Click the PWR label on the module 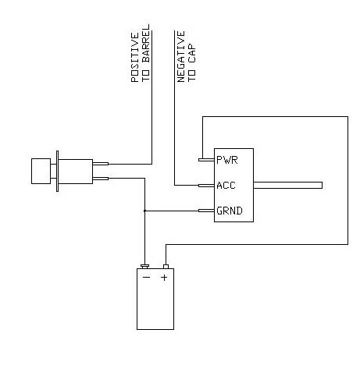click(x=228, y=160)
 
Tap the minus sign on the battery click(x=145, y=277)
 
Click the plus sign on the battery click(x=165, y=277)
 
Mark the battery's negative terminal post click(x=145, y=266)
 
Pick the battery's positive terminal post click(x=165, y=266)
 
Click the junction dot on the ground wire click(x=144, y=211)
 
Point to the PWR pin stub click(x=207, y=160)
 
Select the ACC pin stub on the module click(x=207, y=186)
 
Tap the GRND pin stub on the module click(x=207, y=211)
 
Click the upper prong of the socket click(x=100, y=165)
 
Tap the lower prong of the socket click(x=100, y=179)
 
